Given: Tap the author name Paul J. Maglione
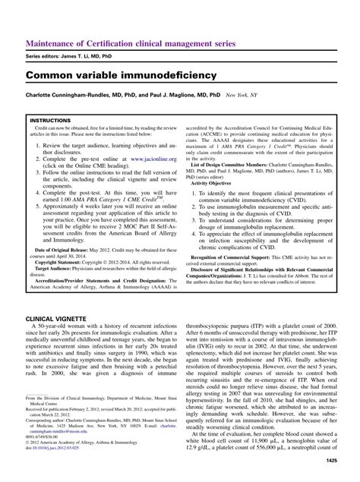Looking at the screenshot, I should tap(194, 96).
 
